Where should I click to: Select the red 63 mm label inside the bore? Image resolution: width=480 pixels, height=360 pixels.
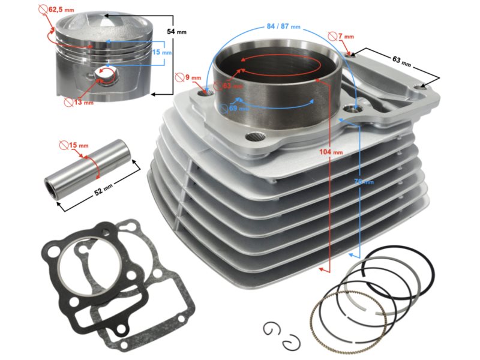[x=231, y=86]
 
